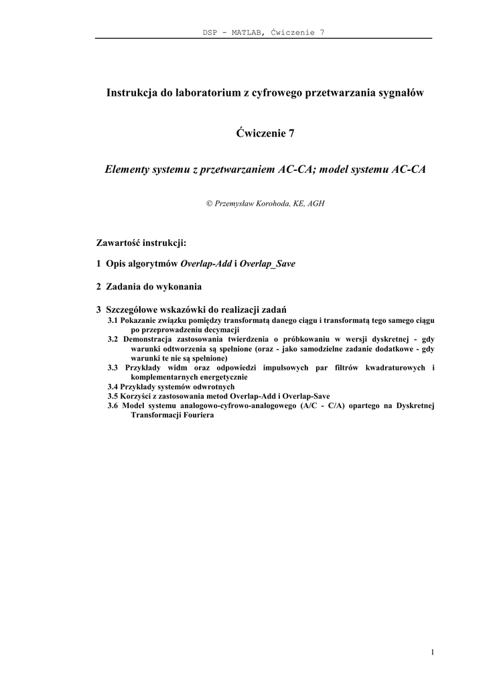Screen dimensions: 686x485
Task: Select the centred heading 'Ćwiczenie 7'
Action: pos(265,133)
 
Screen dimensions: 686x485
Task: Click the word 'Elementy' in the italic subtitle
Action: pos(127,170)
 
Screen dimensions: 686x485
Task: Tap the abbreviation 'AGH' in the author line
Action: pos(316,203)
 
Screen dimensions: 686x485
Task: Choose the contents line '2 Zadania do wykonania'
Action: pos(149,287)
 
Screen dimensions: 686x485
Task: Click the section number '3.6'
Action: pos(113,405)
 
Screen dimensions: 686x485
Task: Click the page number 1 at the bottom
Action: pos(433,653)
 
